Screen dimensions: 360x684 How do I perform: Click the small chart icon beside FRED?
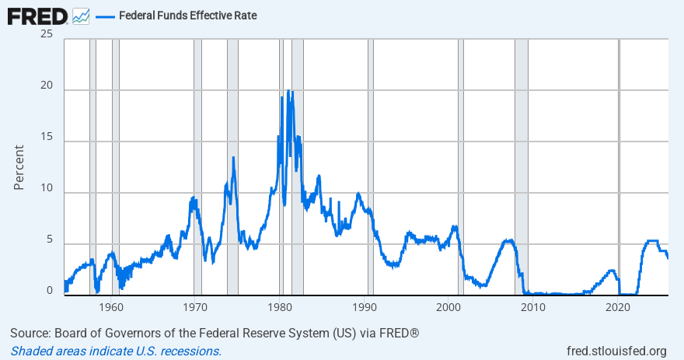81,16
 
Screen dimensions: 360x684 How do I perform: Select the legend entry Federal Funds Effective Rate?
187,16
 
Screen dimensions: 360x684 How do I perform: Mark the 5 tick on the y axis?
49,240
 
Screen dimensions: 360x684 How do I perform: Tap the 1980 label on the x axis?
281,307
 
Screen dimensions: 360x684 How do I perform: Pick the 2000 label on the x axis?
449,307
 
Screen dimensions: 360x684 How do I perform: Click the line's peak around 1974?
232,158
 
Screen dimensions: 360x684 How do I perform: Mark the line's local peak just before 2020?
612,271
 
